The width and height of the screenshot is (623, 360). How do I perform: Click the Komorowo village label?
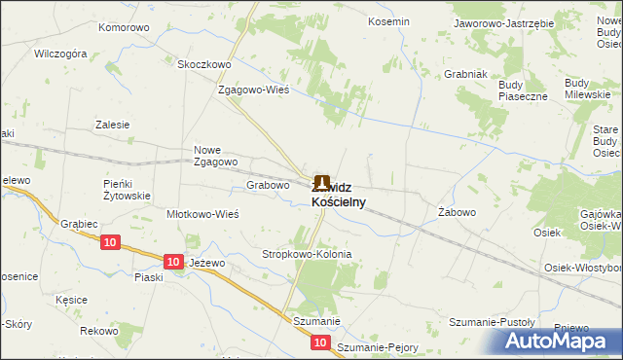tap(124, 27)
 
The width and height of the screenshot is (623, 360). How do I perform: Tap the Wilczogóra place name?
tap(61, 54)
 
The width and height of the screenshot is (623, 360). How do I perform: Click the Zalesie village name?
tap(112, 125)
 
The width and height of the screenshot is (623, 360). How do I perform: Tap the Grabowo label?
tap(269, 185)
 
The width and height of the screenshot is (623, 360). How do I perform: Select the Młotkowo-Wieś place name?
tap(203, 214)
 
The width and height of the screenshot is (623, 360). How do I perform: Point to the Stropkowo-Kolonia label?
tap(307, 254)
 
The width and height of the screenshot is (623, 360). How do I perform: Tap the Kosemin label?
tap(387, 20)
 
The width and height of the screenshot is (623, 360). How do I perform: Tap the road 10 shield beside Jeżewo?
tap(172, 262)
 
